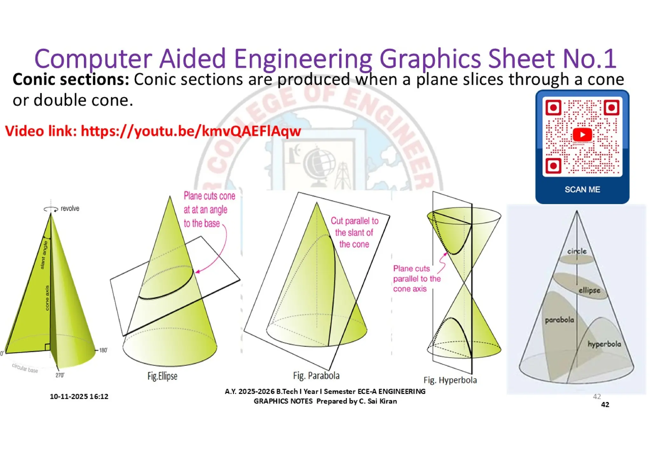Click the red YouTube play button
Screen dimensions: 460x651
pyautogui.click(x=582, y=134)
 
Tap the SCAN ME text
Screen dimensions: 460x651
pyautogui.click(x=582, y=189)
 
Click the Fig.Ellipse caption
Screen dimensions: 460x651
pyautogui.click(x=162, y=376)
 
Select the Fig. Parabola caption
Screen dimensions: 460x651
pyautogui.click(x=316, y=376)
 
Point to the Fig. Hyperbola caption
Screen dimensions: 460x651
pyautogui.click(x=450, y=380)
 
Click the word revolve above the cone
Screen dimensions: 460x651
pyautogui.click(x=70, y=209)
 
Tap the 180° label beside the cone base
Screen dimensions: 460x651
pyautogui.click(x=103, y=350)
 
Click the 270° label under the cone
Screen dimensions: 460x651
pyautogui.click(x=60, y=375)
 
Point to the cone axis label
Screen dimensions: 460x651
pyautogui.click(x=47, y=298)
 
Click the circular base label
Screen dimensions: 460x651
pyautogui.click(x=25, y=368)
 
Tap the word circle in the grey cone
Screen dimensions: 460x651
pyautogui.click(x=577, y=251)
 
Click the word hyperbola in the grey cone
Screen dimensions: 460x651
pyautogui.click(x=604, y=344)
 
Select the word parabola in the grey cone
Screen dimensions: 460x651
pyautogui.click(x=559, y=320)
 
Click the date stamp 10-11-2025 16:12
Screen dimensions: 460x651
pyautogui.click(x=79, y=396)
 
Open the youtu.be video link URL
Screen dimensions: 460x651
pyautogui.click(x=191, y=131)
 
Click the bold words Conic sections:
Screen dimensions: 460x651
pyautogui.click(x=71, y=79)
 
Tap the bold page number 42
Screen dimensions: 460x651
pyautogui.click(x=605, y=405)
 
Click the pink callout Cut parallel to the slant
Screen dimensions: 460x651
pyautogui.click(x=354, y=232)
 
